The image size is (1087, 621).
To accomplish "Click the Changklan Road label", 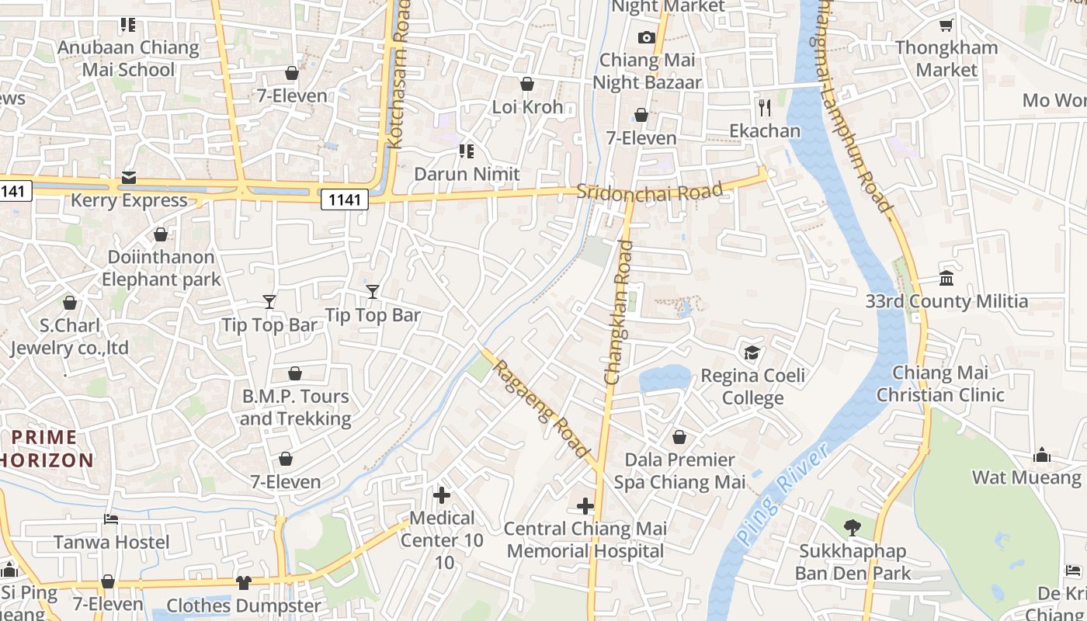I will [619, 312].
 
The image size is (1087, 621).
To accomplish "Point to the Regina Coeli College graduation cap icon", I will [752, 353].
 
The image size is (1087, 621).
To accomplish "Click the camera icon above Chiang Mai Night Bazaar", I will [646, 37].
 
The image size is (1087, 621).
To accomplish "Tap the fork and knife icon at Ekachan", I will [765, 107].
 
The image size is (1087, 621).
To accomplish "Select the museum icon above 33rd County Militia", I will [946, 278].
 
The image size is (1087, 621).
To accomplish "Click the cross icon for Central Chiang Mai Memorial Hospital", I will [585, 507].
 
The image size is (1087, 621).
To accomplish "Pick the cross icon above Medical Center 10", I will [442, 494].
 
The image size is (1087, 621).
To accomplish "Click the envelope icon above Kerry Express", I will [129, 178].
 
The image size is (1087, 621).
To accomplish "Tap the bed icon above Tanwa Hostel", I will [111, 519].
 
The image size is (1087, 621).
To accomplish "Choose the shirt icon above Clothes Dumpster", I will [244, 582].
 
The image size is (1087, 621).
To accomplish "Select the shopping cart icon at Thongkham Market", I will [946, 26].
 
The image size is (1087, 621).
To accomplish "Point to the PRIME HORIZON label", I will [47, 449].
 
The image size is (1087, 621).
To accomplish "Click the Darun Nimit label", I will [467, 174].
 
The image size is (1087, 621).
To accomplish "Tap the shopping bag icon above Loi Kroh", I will [527, 84].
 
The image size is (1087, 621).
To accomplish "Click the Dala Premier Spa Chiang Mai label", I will [679, 471].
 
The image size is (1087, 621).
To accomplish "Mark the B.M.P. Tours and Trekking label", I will [295, 408].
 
